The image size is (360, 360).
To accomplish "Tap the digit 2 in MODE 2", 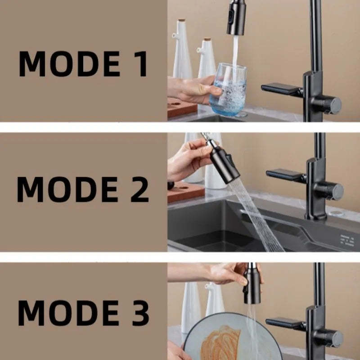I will [x=137, y=189].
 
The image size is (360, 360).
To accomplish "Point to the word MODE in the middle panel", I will [x=67, y=189].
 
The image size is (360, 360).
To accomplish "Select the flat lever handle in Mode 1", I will [x=281, y=89].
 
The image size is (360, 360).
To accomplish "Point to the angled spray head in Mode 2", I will [x=224, y=164].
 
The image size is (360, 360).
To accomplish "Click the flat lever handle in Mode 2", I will [x=286, y=174].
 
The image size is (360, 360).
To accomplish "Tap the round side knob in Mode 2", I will [x=336, y=191].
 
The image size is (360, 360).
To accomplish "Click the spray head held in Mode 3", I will [x=252, y=286].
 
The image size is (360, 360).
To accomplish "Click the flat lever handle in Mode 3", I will [x=286, y=322].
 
